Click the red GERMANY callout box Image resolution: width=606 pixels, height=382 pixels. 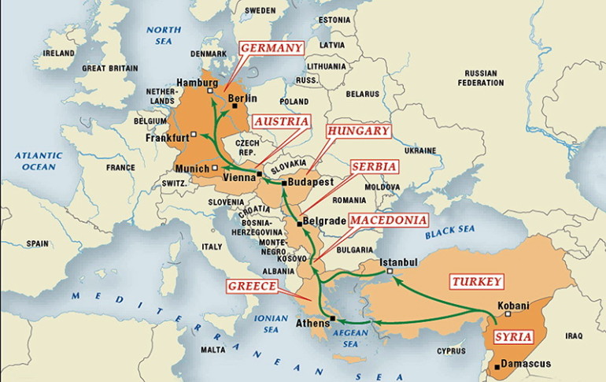pyautogui.click(x=272, y=48)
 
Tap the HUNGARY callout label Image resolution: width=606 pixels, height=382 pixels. pyautogui.click(x=359, y=131)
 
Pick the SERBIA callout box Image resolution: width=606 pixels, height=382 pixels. pyautogui.click(x=374, y=167)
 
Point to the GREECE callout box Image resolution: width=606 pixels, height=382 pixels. pyautogui.click(x=253, y=286)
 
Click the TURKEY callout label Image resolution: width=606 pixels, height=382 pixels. pyautogui.click(x=477, y=281)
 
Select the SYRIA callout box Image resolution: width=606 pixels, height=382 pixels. pyautogui.click(x=513, y=337)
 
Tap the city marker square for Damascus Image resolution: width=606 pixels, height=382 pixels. pyautogui.click(x=496, y=365)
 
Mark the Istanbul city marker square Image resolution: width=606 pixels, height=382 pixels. pyautogui.click(x=389, y=273)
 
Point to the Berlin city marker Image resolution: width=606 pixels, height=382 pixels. pyautogui.click(x=235, y=106)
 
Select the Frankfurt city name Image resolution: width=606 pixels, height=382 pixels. pyautogui.click(x=167, y=138)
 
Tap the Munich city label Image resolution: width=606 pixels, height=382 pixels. pyautogui.click(x=191, y=169)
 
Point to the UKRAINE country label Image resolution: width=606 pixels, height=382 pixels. pyautogui.click(x=419, y=150)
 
